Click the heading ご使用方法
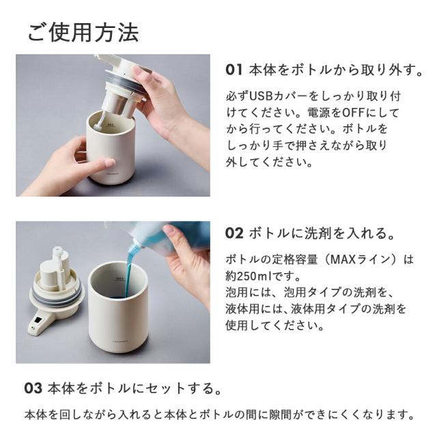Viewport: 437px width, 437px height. pyautogui.click(x=83, y=33)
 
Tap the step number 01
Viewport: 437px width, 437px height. pyautogui.click(x=234, y=70)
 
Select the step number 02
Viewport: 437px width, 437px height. pyautogui.click(x=234, y=234)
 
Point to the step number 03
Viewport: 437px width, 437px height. pyautogui.click(x=33, y=389)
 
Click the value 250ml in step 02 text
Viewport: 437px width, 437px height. pyautogui.click(x=254, y=276)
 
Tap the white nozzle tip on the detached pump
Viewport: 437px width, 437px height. pyautogui.click(x=57, y=251)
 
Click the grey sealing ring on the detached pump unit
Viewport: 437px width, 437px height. pyautogui.click(x=57, y=296)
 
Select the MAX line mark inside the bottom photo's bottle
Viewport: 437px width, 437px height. pyautogui.click(x=119, y=279)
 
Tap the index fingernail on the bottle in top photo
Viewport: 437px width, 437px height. pyautogui.click(x=109, y=163)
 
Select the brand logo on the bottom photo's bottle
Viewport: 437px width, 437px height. pyautogui.click(x=119, y=341)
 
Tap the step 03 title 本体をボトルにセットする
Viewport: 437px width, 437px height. pyautogui.click(x=134, y=389)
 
